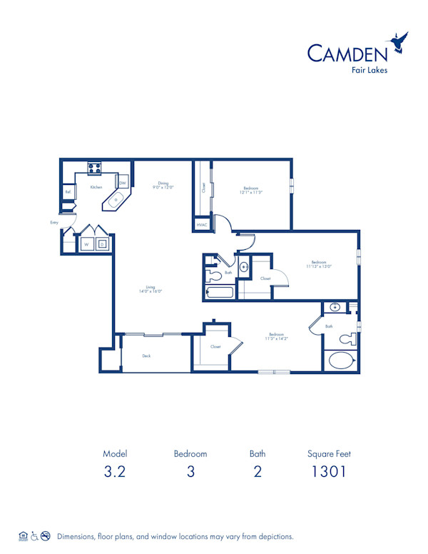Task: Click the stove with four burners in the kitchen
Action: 94,168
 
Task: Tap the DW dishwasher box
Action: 123,183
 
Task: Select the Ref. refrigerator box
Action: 68,191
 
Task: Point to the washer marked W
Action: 86,244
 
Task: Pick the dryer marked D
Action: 102,244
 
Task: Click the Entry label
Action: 54,223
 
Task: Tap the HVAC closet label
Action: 202,225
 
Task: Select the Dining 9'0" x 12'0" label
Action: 163,185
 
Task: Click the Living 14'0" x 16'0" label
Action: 151,290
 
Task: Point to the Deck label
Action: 146,356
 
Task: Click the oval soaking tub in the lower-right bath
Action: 340,361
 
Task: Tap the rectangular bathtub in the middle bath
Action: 219,292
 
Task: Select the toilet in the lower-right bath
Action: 347,338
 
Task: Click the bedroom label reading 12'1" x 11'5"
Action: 251,191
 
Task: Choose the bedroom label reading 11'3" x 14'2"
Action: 277,336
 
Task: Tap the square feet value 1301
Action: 329,471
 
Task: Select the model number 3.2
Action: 114,471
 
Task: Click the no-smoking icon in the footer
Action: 46,535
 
